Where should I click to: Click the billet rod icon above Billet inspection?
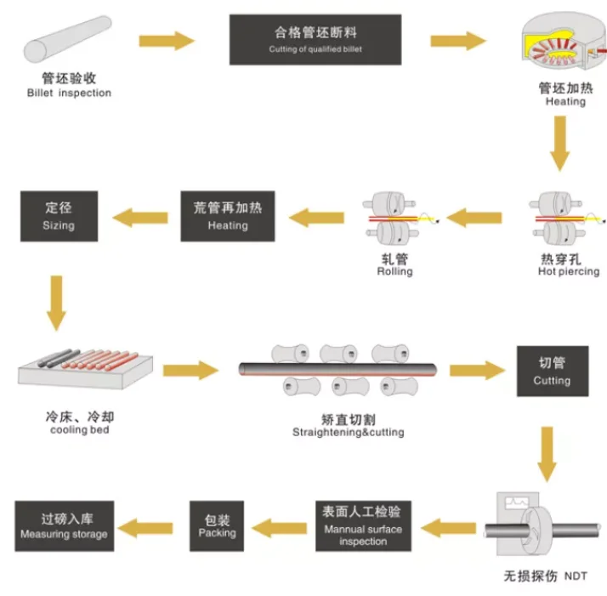[x=69, y=39]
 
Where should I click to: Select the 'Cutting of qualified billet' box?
[x=315, y=39]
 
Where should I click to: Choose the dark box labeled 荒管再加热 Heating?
[x=228, y=216]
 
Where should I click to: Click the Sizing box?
[x=59, y=216]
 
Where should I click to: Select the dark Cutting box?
[x=552, y=371]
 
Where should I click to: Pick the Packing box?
[x=217, y=525]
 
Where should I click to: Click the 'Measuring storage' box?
[x=64, y=525]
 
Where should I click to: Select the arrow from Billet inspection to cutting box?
[x=167, y=39]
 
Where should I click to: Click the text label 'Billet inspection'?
[x=69, y=93]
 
